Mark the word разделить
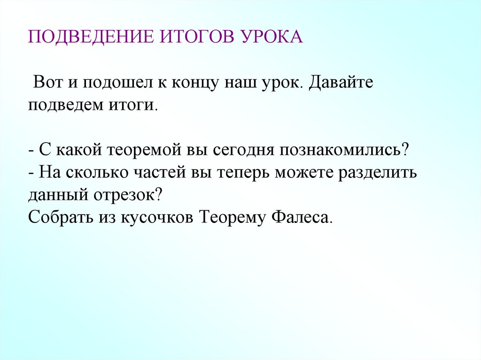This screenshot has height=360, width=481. pos(379,173)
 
